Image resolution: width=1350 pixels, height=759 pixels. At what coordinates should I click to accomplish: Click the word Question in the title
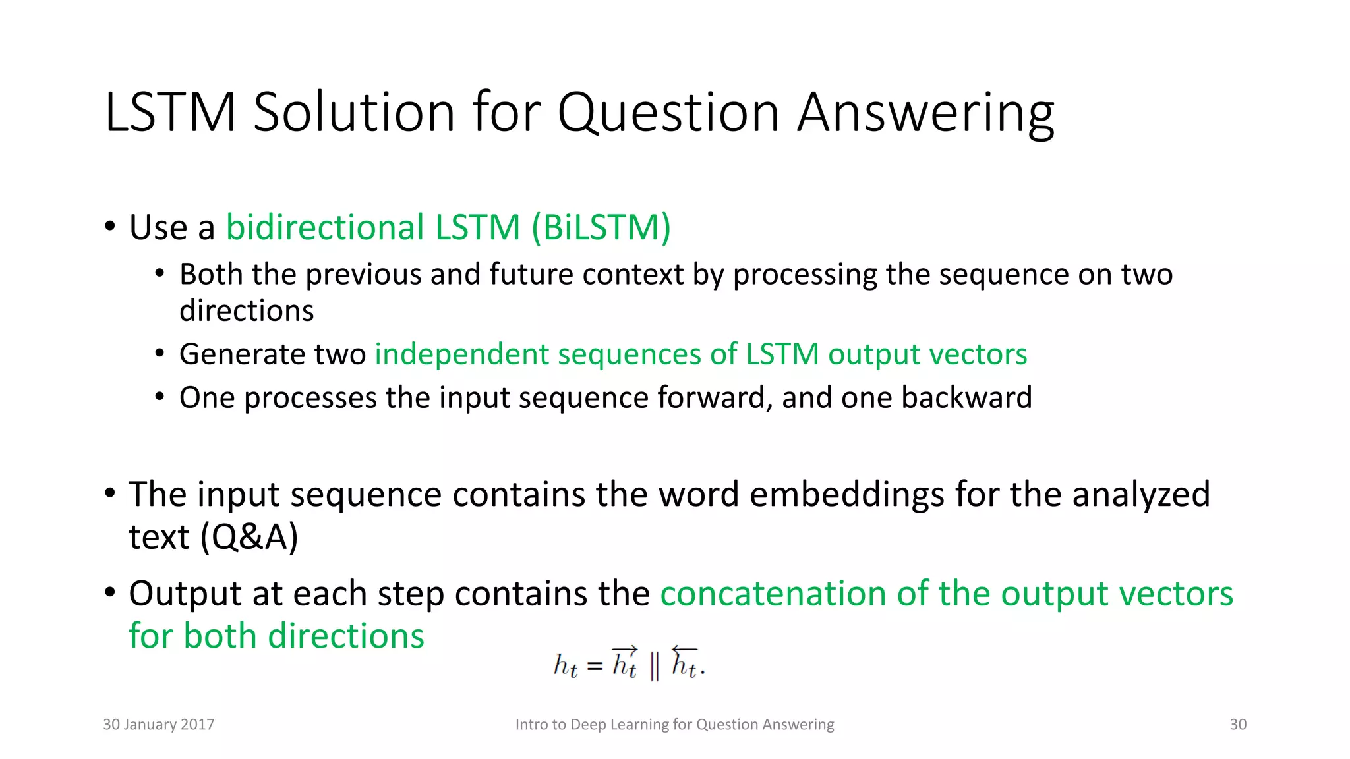point(670,113)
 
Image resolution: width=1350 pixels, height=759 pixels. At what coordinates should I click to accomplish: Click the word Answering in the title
point(925,113)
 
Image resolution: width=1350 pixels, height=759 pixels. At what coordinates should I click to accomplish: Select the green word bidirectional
point(325,228)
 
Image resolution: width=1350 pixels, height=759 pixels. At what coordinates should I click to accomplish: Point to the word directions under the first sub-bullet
point(247,311)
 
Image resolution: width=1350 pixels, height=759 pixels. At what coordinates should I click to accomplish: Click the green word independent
point(461,354)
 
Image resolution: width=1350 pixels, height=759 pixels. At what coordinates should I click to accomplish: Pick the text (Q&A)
point(250,537)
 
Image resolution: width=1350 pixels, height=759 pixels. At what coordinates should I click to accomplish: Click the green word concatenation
point(773,594)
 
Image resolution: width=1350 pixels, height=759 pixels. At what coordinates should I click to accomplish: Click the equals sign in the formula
point(595,666)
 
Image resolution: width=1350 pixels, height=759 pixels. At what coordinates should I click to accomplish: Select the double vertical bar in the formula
point(654,666)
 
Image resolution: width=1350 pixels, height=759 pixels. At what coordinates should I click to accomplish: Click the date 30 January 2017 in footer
point(159,725)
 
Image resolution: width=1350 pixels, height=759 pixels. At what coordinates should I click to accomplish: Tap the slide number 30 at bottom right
point(1238,725)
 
